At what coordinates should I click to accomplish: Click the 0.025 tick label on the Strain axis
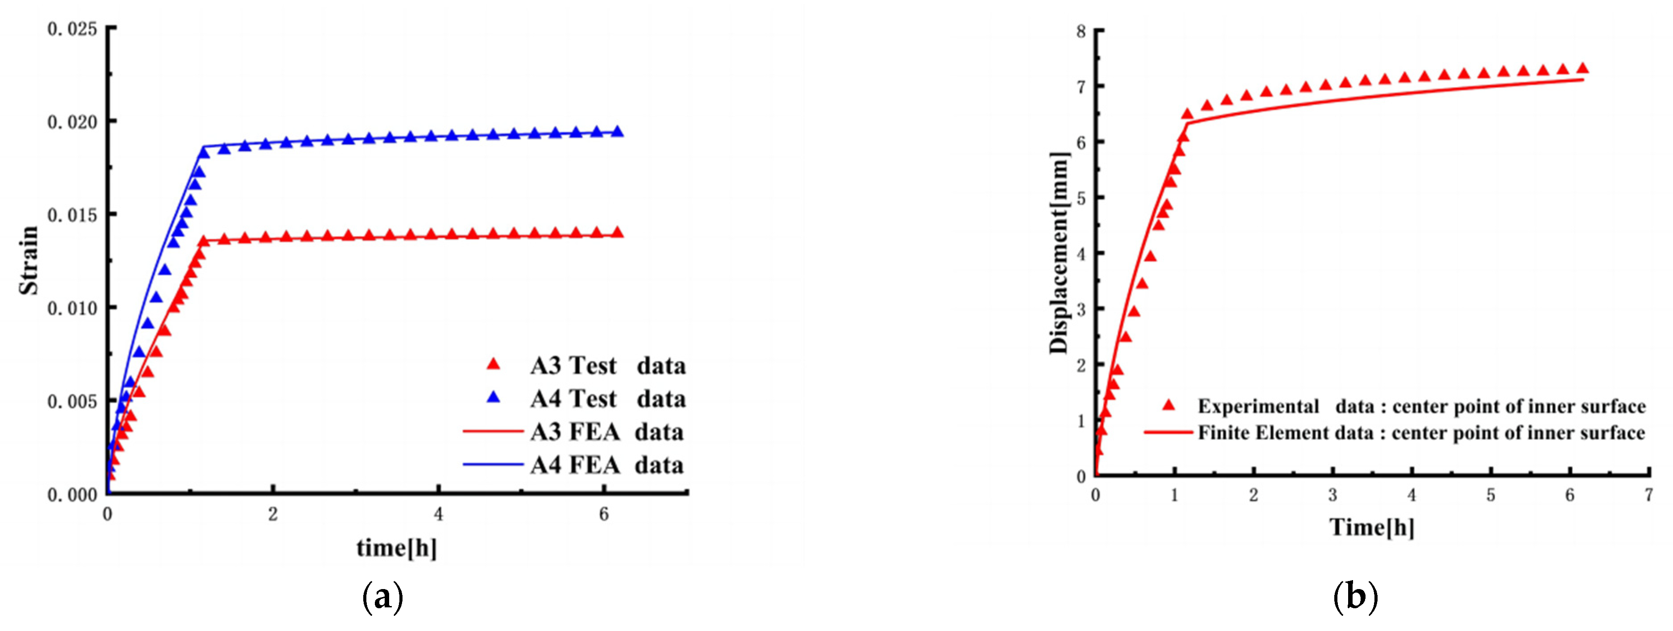[72, 29]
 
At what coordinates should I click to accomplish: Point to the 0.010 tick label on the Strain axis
[72, 308]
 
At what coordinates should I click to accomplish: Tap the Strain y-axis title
[29, 260]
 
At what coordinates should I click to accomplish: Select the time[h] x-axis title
[396, 548]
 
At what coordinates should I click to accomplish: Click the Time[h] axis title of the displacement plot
[1372, 527]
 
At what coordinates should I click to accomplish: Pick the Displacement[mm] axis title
[1059, 253]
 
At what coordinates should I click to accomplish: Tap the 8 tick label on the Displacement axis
[1081, 31]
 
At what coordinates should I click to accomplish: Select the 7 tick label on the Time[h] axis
[1648, 495]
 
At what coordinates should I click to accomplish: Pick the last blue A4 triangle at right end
[618, 132]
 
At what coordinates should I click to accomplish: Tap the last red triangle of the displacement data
[1583, 69]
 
